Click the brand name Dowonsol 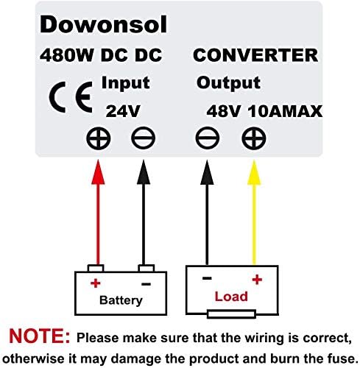(103, 24)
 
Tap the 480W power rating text (66, 55)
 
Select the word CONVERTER (255, 55)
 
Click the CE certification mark (71, 97)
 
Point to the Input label (125, 83)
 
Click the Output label (228, 83)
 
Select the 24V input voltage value (123, 111)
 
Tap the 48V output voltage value (223, 111)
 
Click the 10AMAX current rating (285, 111)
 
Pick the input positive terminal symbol (99, 138)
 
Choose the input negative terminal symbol (144, 138)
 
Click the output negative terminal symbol (208, 138)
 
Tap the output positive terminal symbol (254, 138)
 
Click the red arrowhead (98, 172)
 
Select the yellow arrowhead (254, 172)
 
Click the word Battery (121, 300)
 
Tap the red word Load (231, 297)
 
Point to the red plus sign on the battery (96, 283)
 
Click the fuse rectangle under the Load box (231, 314)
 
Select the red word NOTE (40, 336)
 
